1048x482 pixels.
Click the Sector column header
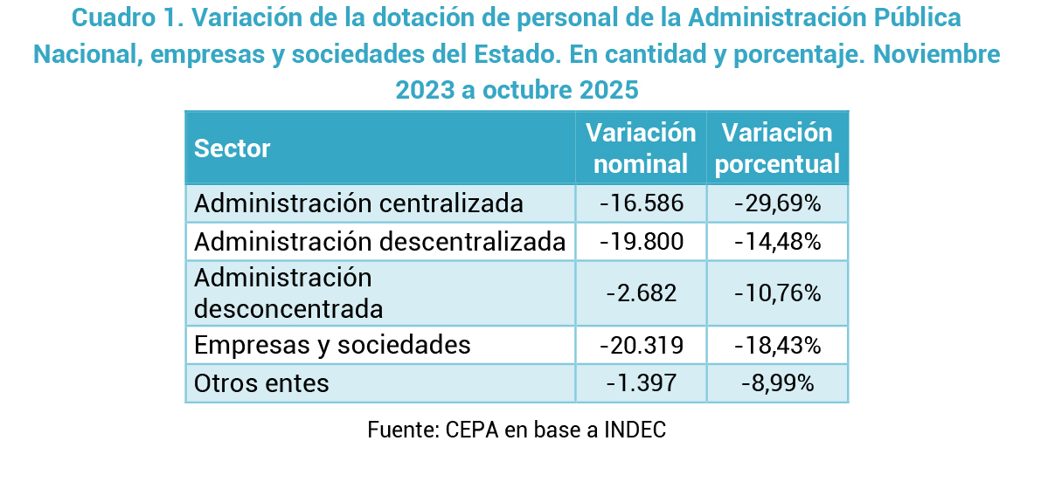coord(233,148)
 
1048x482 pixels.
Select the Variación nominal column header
coord(641,148)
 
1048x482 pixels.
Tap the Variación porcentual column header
coord(777,148)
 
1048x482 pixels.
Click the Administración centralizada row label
coord(358,203)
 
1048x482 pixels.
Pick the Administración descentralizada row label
coord(379,241)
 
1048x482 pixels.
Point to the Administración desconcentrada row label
coord(288,293)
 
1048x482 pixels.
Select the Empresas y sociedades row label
coord(332,345)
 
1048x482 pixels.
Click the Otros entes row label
coord(261,382)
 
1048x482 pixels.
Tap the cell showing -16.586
coord(641,203)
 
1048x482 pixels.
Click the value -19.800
coord(641,241)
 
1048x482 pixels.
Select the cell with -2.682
coord(641,293)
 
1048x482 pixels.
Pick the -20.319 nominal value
coord(641,345)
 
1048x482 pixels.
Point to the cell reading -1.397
coord(641,382)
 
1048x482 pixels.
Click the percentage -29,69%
coord(777,203)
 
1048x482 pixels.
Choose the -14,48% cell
coord(777,241)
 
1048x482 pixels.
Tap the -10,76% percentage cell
coord(777,293)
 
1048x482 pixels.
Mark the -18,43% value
coord(777,345)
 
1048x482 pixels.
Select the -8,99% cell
coord(777,382)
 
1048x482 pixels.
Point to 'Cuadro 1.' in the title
coord(121,17)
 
